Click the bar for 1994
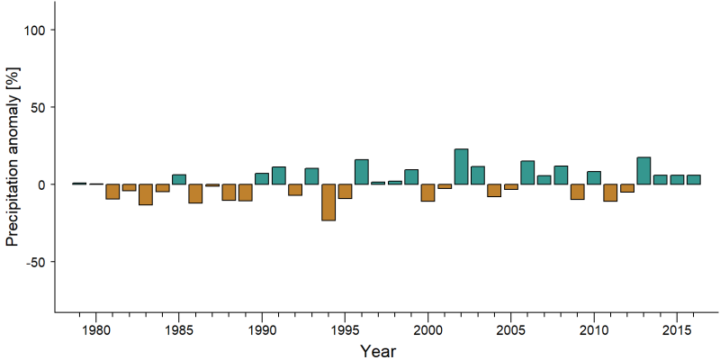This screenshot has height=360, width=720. [x=328, y=202]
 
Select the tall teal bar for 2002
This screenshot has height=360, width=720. [x=461, y=166]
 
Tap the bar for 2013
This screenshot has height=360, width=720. [x=643, y=171]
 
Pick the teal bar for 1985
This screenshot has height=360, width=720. [x=179, y=179]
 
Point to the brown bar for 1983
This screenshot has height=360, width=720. [x=146, y=194]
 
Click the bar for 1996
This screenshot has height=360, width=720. [x=362, y=172]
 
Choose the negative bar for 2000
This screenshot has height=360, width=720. [x=428, y=193]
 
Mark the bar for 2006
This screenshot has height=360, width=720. [x=527, y=173]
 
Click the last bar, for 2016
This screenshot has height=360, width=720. [x=694, y=179]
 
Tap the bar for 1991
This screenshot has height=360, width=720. [x=279, y=175]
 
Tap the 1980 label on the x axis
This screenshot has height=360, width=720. [x=95, y=330]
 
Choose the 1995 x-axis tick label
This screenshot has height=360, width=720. [x=345, y=330]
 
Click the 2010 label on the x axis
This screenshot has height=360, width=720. [x=594, y=330]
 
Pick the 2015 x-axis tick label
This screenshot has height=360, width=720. [x=678, y=330]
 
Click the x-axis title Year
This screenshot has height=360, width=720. [x=377, y=351]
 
